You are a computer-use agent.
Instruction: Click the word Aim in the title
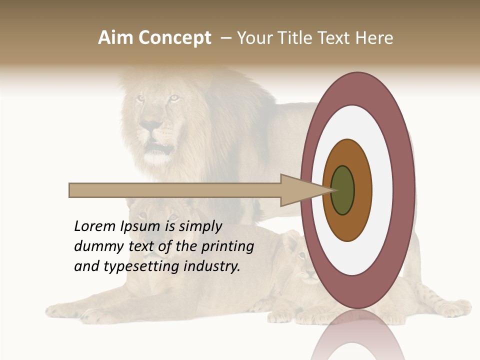click(x=115, y=38)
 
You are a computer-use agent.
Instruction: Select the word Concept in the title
click(x=174, y=38)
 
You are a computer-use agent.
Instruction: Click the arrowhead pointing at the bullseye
click(x=300, y=190)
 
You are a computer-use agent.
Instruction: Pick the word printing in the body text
click(x=227, y=247)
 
